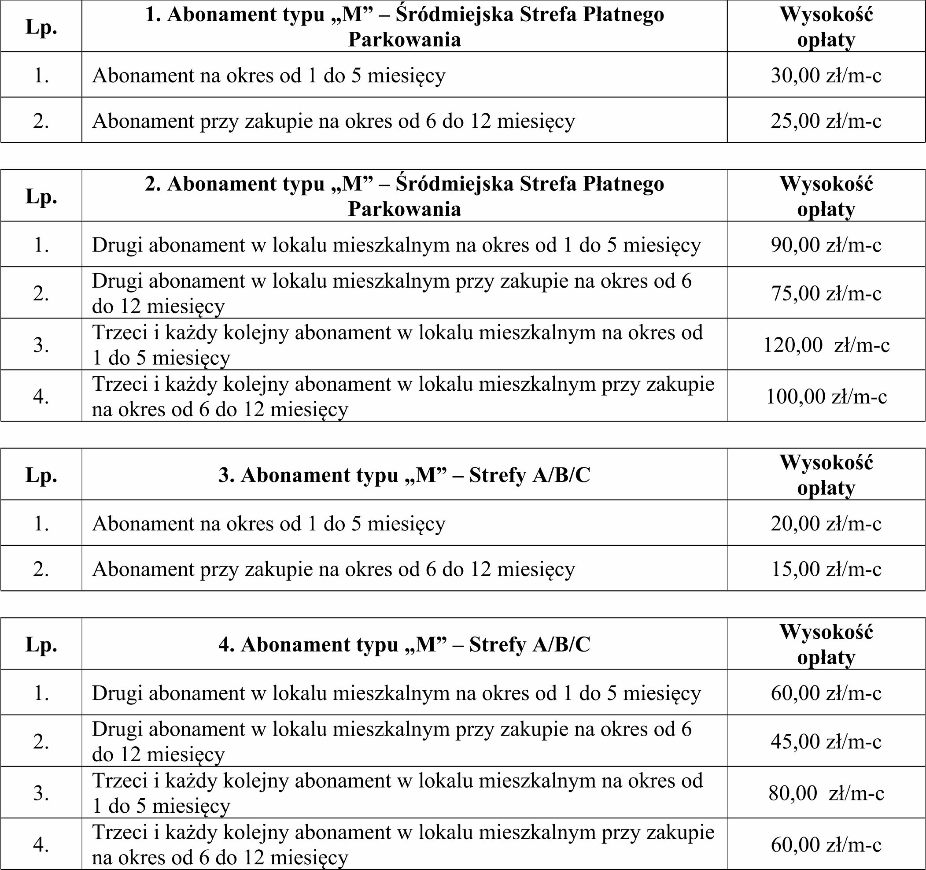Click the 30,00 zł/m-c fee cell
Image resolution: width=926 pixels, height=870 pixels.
click(x=826, y=75)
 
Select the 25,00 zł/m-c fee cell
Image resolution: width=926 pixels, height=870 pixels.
click(x=826, y=121)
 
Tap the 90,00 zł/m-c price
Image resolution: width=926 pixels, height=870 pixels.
click(x=826, y=245)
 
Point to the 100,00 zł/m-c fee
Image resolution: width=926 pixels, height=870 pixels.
click(x=826, y=396)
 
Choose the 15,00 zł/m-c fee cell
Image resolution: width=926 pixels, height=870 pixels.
click(x=826, y=569)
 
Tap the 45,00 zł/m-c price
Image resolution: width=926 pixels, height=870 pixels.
click(x=826, y=741)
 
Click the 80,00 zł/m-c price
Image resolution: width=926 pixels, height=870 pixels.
click(x=826, y=793)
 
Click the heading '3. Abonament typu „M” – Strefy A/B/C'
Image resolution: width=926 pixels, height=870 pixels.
click(x=404, y=475)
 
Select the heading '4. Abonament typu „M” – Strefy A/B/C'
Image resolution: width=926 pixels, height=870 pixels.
click(x=404, y=644)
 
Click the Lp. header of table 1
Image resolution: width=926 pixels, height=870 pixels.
click(x=41, y=27)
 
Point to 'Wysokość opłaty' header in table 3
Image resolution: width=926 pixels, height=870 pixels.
click(x=826, y=475)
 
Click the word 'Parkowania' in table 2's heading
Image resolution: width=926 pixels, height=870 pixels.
click(x=404, y=209)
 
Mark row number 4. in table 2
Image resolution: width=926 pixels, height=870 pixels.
click(x=41, y=396)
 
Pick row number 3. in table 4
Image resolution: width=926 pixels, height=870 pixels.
click(x=41, y=793)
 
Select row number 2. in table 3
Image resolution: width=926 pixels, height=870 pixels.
click(x=41, y=569)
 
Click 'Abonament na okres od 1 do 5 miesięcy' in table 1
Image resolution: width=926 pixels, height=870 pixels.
click(x=269, y=75)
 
